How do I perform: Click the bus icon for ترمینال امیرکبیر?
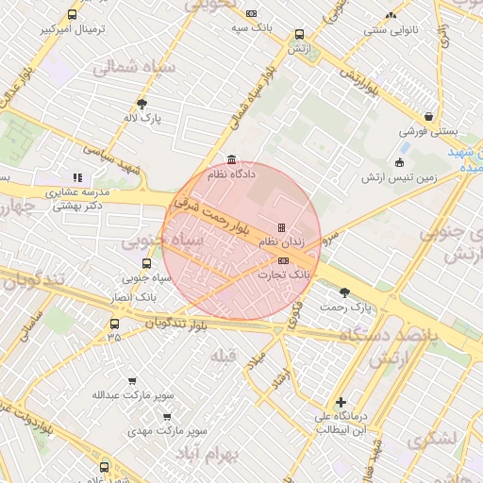[x=74, y=15]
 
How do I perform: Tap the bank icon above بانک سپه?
[x=251, y=13]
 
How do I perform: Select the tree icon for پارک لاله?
[x=142, y=104]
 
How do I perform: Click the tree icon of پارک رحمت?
[x=344, y=292]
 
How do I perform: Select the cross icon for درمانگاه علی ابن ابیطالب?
[x=341, y=402]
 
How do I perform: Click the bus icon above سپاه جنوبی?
[x=146, y=264]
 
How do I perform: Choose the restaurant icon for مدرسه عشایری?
[x=77, y=177]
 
